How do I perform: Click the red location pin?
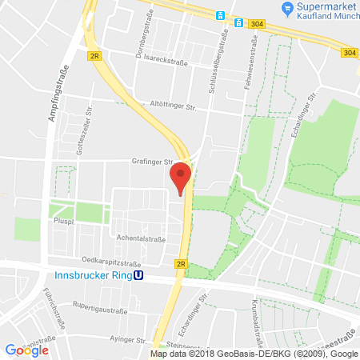click(181, 177)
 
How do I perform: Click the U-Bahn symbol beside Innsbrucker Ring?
click(138, 277)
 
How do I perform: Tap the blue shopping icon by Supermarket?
click(286, 8)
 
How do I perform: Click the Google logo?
click(26, 350)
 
